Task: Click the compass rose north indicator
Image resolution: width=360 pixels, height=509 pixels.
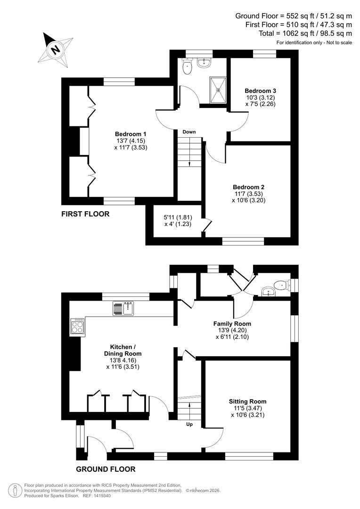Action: click(56, 49)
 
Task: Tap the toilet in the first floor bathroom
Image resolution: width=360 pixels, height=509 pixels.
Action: click(188, 66)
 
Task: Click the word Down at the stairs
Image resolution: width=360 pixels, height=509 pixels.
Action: click(189, 132)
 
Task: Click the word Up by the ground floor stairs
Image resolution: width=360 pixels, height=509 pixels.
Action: click(189, 424)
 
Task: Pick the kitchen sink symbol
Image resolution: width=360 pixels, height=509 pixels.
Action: click(124, 309)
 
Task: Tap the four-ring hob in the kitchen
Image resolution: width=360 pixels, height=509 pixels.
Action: click(77, 326)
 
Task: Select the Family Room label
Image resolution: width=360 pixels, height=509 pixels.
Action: click(232, 324)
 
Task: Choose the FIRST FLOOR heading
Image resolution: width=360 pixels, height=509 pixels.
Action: click(85, 214)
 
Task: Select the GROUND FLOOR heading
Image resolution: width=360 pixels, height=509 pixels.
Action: click(106, 469)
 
